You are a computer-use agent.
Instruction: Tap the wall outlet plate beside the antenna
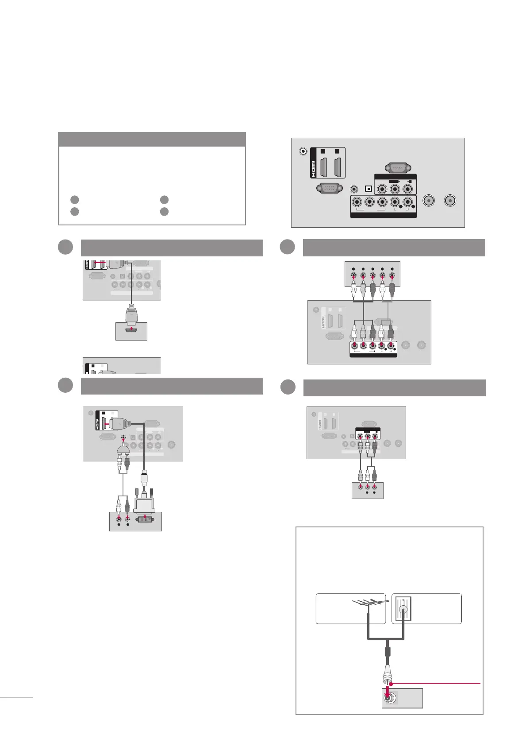point(403,609)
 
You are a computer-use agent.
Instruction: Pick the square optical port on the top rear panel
point(368,189)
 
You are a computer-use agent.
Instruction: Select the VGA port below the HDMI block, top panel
point(329,189)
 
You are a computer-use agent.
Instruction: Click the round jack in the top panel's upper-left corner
point(303,151)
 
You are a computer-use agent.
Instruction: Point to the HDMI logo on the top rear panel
point(314,163)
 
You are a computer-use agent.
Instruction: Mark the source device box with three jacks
point(367,491)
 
